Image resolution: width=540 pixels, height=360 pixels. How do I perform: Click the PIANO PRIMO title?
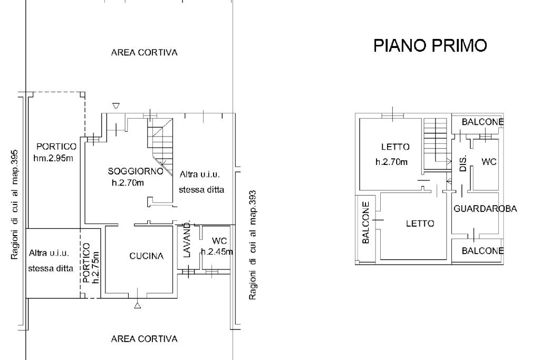[430, 46]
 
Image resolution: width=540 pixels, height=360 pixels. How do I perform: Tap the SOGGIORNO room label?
[132, 171]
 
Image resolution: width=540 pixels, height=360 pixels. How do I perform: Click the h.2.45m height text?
[217, 252]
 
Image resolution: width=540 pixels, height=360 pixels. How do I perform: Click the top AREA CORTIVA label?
[144, 53]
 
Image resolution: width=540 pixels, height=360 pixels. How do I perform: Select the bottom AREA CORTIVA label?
[144, 339]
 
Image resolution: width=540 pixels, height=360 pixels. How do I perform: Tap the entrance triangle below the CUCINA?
[138, 305]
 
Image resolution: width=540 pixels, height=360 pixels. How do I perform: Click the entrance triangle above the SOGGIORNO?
[116, 106]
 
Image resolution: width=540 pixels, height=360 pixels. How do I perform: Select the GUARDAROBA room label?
[485, 209]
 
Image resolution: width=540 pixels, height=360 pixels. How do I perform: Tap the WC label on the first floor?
[489, 162]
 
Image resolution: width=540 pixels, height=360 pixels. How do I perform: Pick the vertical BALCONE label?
[366, 222]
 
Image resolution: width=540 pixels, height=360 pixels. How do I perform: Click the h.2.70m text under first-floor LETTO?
[391, 162]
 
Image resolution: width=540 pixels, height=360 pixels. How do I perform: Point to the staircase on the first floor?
[436, 138]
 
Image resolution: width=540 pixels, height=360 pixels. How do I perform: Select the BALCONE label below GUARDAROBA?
[483, 251]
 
